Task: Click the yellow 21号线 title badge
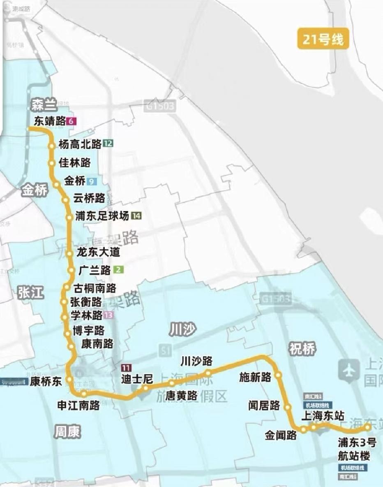point(323,40)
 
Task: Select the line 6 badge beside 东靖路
point(73,121)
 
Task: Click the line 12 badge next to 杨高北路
point(108,144)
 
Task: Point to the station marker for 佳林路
point(52,163)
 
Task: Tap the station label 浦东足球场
point(102,216)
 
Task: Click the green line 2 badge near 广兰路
point(118,270)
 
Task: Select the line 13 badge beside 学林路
point(108,315)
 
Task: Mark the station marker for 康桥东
point(69,379)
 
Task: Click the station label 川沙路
point(197,361)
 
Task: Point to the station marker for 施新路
point(278,375)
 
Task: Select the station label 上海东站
point(323,415)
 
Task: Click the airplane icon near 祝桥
point(349,370)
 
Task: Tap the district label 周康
point(67,432)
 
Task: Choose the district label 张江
point(30,292)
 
